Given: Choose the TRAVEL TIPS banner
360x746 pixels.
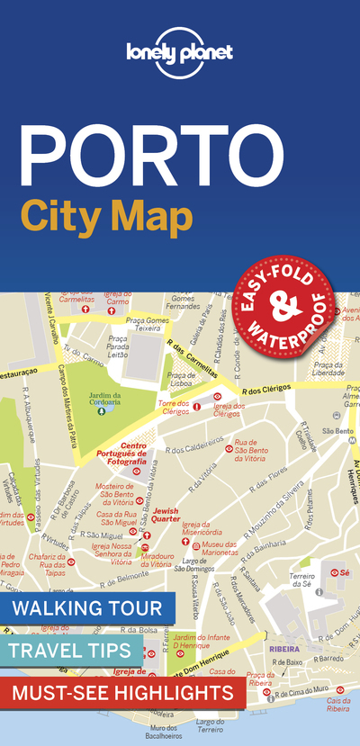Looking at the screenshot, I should [72, 650].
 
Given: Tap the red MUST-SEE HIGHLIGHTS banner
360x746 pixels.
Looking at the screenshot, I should [123, 693].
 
